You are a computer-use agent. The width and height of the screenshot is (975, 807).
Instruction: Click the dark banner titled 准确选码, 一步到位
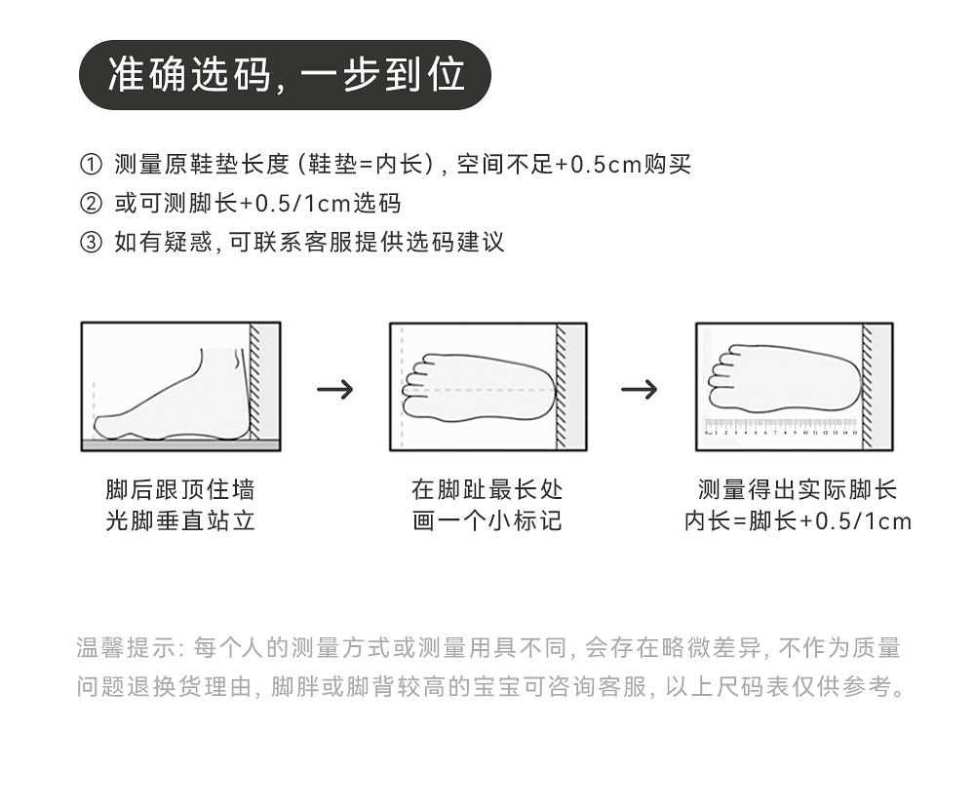tap(284, 75)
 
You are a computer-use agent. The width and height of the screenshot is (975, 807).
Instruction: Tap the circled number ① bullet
tap(90, 165)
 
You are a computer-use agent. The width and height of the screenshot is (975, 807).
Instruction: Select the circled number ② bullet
tap(90, 204)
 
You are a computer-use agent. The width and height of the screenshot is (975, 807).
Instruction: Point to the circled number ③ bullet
tap(90, 243)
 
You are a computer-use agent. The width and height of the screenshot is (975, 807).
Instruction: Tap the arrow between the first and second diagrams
tap(335, 390)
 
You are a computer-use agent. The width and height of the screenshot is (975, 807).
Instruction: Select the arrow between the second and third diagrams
tap(640, 390)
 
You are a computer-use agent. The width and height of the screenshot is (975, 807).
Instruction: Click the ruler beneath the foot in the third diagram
tap(780, 427)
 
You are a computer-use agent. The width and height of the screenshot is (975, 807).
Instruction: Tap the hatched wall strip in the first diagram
tap(254, 382)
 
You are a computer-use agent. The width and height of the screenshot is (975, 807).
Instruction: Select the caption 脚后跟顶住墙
tap(180, 489)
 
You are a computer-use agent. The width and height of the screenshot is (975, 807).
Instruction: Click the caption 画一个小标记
tap(487, 520)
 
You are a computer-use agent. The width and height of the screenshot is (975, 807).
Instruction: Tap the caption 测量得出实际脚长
tap(798, 489)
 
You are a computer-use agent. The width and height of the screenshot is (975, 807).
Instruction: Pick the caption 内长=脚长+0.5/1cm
tap(798, 520)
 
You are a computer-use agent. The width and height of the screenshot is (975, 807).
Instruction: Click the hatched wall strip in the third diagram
tap(867, 385)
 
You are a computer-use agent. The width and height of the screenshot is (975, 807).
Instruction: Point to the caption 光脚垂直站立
tap(180, 520)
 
